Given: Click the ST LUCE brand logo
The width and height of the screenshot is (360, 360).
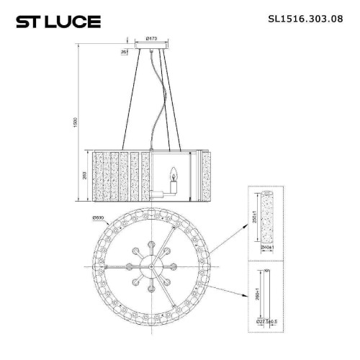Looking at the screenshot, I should [x=55, y=20].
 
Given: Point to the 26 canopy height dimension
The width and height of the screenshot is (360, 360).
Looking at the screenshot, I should [x=125, y=52].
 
